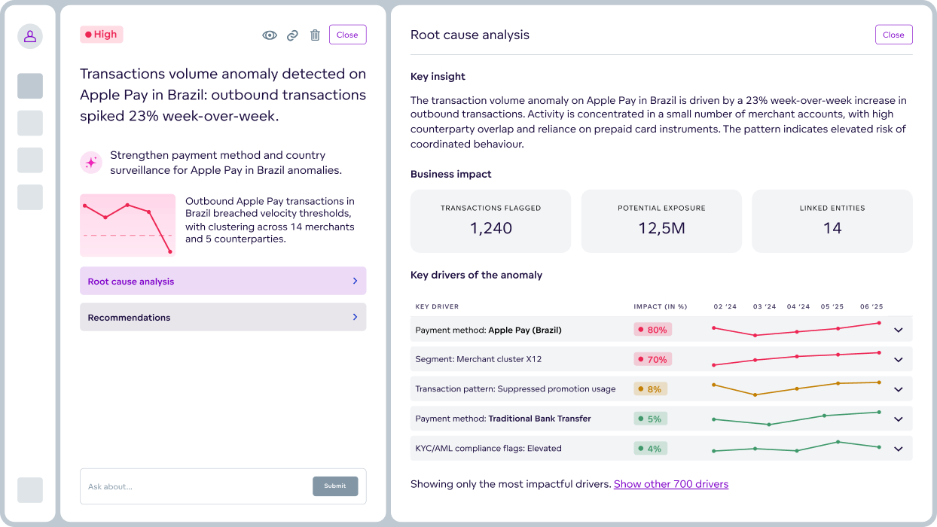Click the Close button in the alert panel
[347, 35]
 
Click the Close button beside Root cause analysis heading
[893, 35]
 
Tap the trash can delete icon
[315, 35]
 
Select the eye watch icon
[269, 35]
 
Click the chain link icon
[292, 35]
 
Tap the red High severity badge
[101, 34]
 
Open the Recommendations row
[223, 317]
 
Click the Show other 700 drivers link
[670, 484]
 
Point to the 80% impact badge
[652, 330]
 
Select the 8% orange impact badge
[650, 389]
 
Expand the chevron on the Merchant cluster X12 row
[898, 360]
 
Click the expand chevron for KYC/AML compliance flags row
[898, 449]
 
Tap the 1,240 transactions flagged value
[491, 228]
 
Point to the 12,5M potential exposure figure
[661, 228]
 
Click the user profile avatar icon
[30, 35]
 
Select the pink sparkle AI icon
[91, 162]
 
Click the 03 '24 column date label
[765, 306]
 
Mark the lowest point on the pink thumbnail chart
[170, 251]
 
